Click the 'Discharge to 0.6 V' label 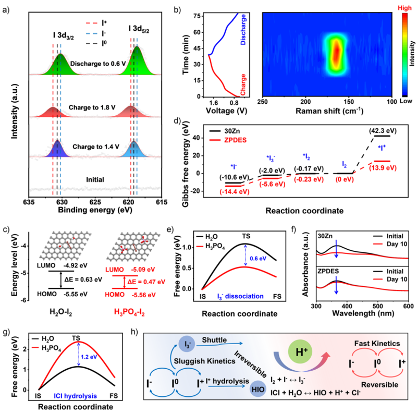[x=98, y=64]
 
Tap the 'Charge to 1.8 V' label [x=92, y=107]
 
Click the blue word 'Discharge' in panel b [x=243, y=30]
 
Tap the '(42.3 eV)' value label [x=383, y=131]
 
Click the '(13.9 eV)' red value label [x=383, y=168]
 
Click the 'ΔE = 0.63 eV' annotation [x=83, y=279]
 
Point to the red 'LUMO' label [x=114, y=270]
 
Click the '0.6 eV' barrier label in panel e [x=258, y=259]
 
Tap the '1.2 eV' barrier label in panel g [x=89, y=357]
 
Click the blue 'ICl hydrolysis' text [x=76, y=396]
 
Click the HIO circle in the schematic [x=258, y=390]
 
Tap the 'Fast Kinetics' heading [x=377, y=343]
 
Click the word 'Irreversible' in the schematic [x=250, y=364]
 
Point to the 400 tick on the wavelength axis [x=347, y=306]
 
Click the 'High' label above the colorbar [x=404, y=8]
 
